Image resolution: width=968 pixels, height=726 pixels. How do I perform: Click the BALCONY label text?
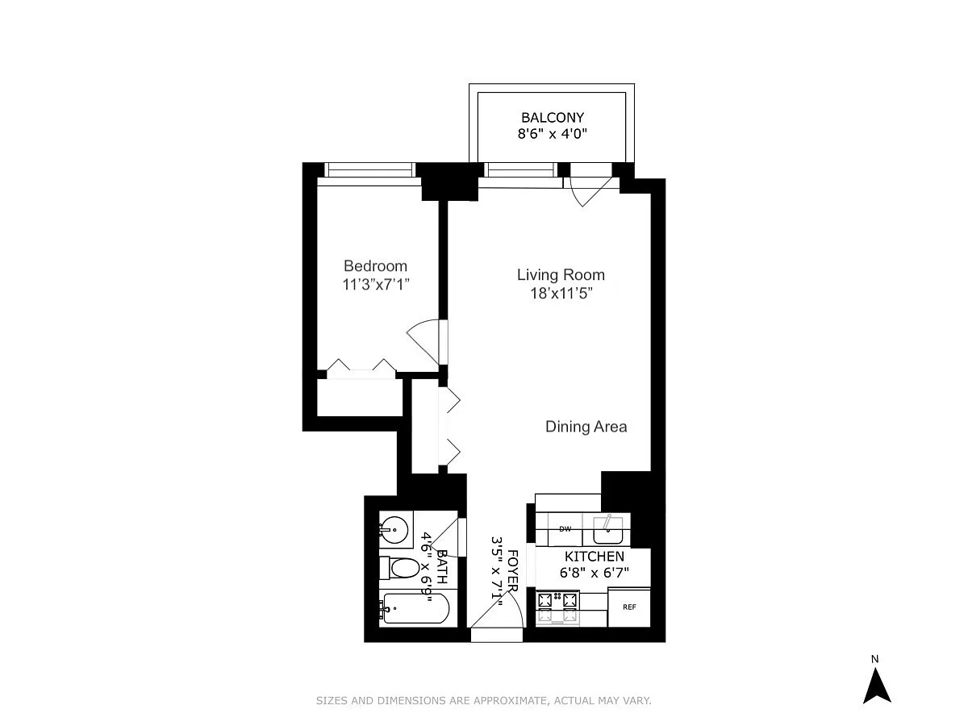tap(552, 117)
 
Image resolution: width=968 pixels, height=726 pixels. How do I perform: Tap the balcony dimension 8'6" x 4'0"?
tap(552, 134)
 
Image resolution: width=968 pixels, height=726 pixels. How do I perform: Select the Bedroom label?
tap(375, 266)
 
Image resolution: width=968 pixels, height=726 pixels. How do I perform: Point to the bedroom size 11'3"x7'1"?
tap(376, 284)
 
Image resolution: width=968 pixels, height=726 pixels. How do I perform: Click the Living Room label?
tap(561, 274)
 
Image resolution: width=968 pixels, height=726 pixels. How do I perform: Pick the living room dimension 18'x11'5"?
tap(561, 293)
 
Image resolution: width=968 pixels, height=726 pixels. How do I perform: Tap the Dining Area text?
tap(586, 426)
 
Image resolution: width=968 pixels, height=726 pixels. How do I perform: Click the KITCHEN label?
tap(594, 556)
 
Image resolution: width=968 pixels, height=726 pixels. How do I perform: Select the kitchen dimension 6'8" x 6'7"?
tap(594, 573)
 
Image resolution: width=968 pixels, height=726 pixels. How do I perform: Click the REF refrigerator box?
tap(629, 607)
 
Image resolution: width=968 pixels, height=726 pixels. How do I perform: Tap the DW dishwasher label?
tap(565, 529)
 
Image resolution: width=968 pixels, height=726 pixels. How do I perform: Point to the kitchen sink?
tap(607, 529)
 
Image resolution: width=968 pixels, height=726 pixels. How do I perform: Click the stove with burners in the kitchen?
tap(558, 607)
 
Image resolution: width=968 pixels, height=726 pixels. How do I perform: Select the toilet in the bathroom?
tap(399, 569)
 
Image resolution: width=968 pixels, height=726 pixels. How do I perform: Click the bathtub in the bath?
tap(414, 608)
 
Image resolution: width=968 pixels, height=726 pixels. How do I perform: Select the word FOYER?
tap(513, 570)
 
